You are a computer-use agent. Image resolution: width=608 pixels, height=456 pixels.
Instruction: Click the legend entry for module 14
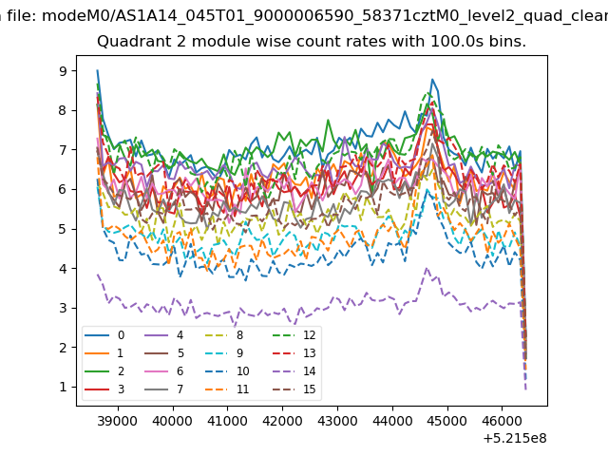295,371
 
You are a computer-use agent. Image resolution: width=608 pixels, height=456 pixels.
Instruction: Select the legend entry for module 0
105,335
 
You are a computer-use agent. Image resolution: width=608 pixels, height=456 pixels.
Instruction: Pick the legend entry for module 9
226,352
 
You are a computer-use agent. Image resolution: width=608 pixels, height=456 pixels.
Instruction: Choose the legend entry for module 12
295,335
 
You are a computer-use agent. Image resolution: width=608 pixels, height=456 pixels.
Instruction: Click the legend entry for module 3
105,389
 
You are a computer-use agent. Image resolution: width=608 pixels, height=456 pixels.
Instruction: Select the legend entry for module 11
228,389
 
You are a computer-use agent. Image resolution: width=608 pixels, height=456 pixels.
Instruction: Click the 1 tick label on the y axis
63,387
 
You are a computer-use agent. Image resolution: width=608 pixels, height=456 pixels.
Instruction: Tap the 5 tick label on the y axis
63,229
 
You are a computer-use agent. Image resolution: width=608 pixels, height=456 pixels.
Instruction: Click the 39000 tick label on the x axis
118,421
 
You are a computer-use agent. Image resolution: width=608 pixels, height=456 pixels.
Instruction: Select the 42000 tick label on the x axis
282,421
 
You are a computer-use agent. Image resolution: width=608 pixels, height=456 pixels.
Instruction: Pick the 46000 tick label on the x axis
503,421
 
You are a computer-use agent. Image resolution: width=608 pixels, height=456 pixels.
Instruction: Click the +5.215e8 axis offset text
515,438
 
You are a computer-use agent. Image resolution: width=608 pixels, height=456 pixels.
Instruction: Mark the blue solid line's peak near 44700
432,80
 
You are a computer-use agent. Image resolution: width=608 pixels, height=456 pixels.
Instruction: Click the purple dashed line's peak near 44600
427,268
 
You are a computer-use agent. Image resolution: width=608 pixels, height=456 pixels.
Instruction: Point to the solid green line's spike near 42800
328,121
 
